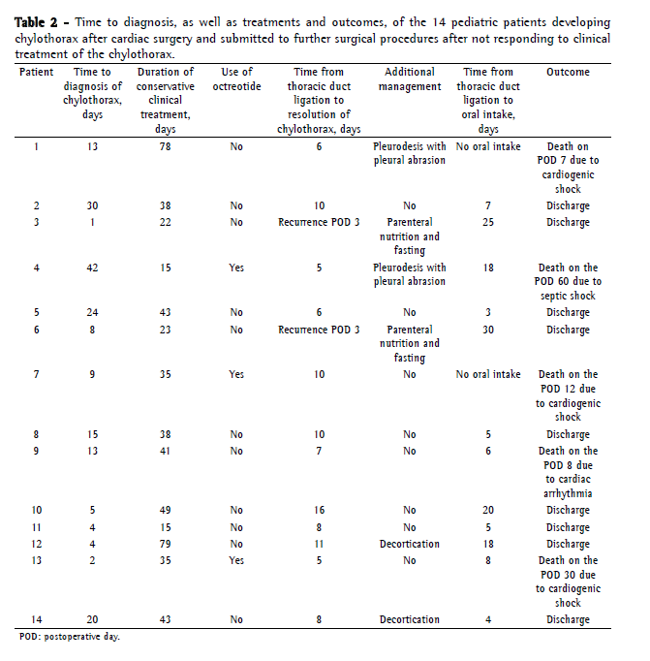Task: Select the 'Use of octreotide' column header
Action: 237,79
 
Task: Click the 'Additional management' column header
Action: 410,79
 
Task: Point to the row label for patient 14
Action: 37,620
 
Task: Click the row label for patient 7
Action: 37,375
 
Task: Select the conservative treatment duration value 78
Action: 166,147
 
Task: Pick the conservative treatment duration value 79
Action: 166,545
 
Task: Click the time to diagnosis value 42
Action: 92,268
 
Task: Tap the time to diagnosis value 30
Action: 92,206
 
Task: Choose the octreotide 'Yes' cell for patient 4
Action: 237,268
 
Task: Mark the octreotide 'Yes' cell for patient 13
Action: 237,561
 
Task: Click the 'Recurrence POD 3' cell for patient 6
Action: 319,330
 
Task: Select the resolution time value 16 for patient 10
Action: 319,511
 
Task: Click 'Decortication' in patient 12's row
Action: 410,545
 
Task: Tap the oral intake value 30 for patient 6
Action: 489,330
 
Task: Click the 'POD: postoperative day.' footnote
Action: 70,638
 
